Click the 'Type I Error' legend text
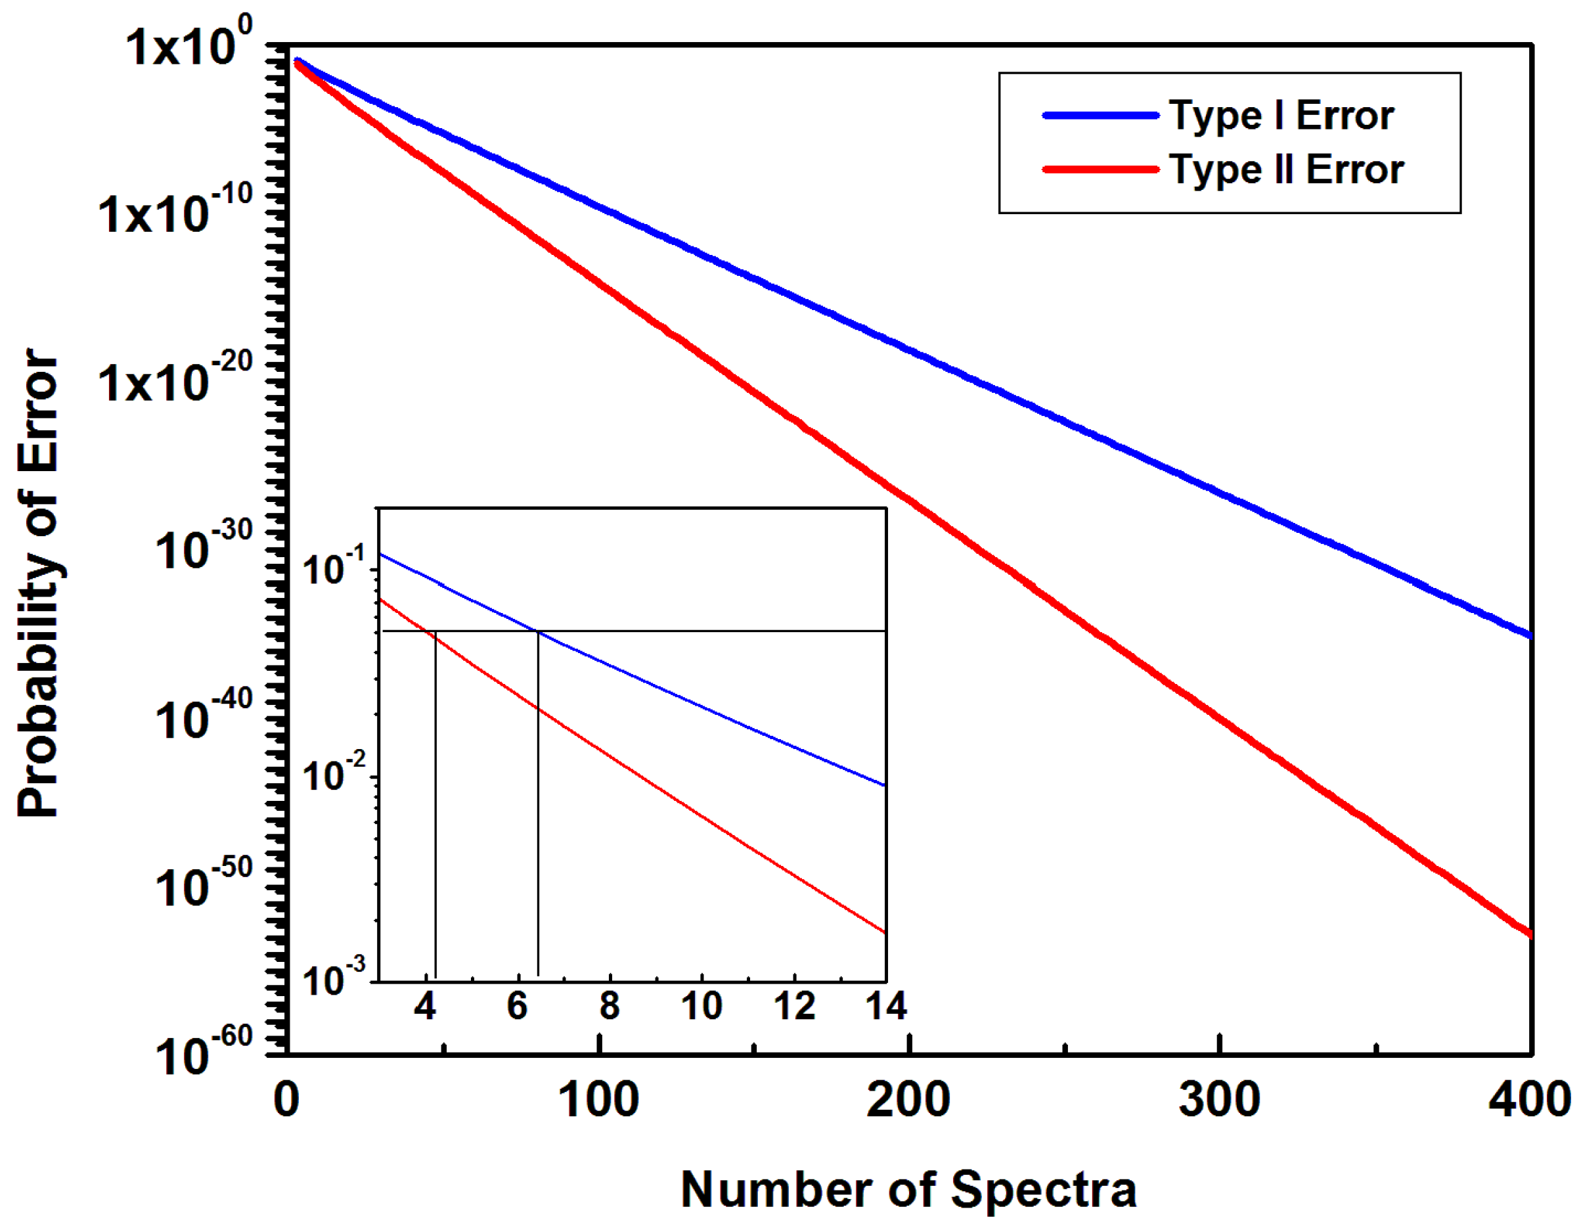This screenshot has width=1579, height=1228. pos(1281,116)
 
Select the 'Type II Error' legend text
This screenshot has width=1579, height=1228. pos(1286,170)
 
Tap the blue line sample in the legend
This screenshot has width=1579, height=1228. pos(1100,116)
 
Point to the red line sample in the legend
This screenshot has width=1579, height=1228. pos(1100,170)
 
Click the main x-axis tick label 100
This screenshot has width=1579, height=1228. pos(598,1101)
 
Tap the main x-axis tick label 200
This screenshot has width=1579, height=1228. pos(908,1101)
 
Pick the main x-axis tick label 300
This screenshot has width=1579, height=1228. pos(1219,1101)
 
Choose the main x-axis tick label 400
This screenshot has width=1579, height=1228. pos(1528,1101)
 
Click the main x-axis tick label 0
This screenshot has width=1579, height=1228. pos(286,1101)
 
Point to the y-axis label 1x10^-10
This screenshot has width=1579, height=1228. pos(175,211)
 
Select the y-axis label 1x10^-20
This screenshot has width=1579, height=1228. pos(175,379)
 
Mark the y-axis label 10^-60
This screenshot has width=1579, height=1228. pos(203,1054)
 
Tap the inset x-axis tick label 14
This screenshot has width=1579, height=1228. pos(886,1006)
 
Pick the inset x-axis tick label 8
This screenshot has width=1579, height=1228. pos(610,1006)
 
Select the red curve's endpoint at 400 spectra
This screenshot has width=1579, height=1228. pos(1528,934)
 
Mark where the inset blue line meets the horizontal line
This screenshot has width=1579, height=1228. pos(539,631)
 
